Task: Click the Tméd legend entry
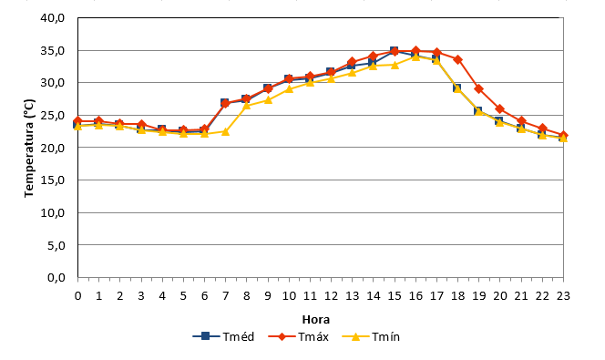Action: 223,337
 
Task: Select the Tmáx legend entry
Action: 298,337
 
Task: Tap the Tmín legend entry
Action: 371,337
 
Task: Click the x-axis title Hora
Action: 315,320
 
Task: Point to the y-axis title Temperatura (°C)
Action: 29,149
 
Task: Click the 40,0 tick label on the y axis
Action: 53,17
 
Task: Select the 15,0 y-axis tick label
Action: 53,180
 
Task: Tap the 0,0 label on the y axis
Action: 56,277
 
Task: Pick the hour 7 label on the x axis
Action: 225,296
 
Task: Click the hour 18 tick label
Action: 457,296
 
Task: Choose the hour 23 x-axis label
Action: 563,296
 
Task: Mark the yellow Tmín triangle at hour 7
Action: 225,131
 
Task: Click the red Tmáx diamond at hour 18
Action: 457,60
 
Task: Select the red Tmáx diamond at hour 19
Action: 479,89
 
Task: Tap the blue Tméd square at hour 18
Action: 456,88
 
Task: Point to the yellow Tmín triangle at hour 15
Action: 395,65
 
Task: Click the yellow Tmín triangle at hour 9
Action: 268,100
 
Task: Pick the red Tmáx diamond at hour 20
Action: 499,108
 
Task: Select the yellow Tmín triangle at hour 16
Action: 415,57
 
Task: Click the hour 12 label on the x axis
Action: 331,296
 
